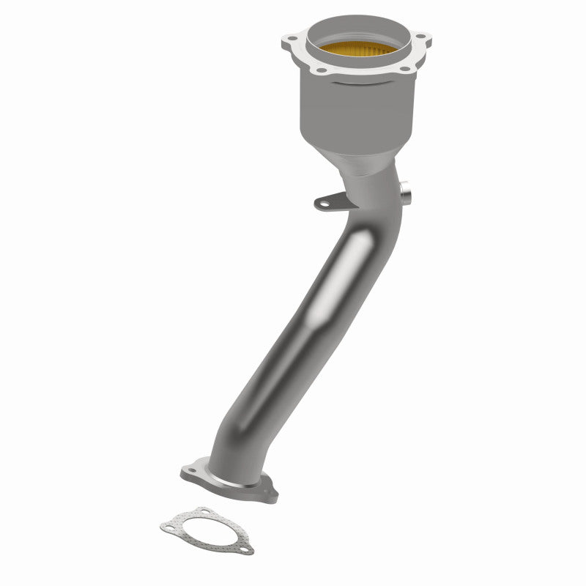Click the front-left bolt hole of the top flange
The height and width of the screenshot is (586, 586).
pyautogui.click(x=321, y=72)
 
